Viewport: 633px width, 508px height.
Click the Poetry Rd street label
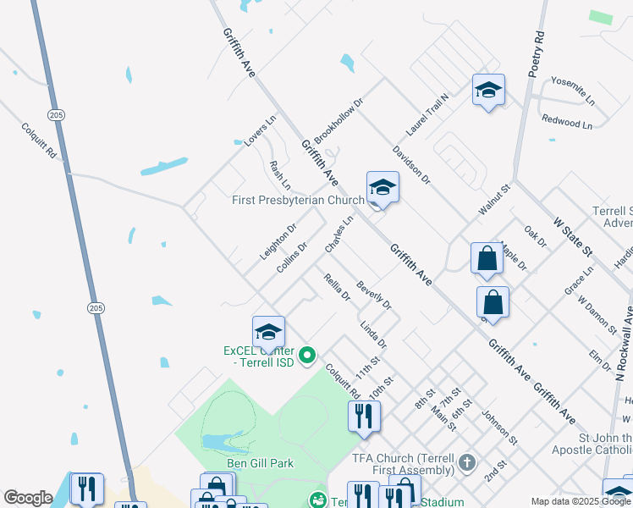coord(537,54)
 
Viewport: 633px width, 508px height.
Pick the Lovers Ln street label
coord(261,133)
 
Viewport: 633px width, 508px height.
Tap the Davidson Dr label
coord(412,165)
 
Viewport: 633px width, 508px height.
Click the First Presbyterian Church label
coord(298,201)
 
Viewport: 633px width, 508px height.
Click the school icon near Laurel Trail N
coord(488,91)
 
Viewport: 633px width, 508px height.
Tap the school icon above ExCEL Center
coord(268,332)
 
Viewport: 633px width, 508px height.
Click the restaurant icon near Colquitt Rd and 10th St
coord(364,416)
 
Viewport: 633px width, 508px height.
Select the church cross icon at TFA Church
coord(467,463)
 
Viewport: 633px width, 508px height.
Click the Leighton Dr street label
coord(278,242)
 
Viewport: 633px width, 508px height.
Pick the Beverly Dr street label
coord(374,295)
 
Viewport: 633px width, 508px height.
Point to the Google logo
coord(28,498)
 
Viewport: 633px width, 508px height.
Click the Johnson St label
coord(499,428)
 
